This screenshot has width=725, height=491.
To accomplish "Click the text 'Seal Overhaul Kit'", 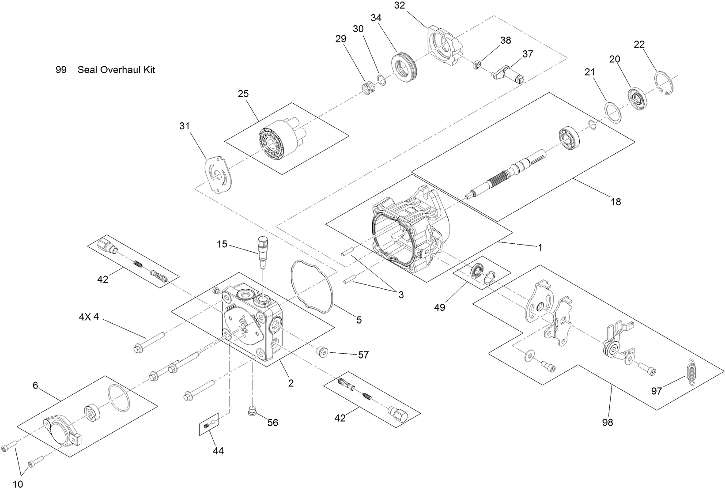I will [116, 70].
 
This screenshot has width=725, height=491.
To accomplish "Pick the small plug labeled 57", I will [323, 352].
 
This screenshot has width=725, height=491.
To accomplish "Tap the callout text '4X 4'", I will [89, 317].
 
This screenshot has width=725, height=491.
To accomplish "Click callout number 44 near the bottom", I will [218, 451].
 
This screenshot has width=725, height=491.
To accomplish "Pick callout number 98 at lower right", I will [608, 423].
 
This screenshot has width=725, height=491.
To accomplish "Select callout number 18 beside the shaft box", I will [615, 202].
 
